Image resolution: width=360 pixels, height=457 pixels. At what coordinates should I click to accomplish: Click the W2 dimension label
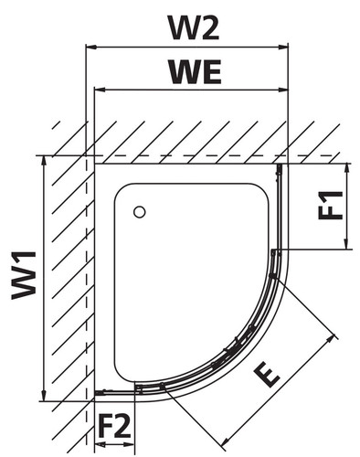point(195,27)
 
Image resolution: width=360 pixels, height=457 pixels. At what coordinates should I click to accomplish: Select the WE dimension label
point(196,72)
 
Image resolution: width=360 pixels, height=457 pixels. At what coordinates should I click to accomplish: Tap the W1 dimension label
point(24,275)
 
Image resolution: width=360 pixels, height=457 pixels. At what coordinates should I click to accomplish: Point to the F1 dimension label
point(330,206)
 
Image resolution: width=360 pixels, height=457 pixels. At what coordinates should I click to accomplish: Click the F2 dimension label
point(115,426)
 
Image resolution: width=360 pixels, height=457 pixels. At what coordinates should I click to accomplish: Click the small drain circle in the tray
point(140,212)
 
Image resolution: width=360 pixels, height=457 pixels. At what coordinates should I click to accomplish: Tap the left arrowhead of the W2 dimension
point(91,47)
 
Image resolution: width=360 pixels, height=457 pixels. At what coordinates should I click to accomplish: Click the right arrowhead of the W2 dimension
point(283,47)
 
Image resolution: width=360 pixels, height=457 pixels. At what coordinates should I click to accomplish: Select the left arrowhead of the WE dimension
point(100,90)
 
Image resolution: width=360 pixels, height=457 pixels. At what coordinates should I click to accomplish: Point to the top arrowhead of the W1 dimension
point(45,161)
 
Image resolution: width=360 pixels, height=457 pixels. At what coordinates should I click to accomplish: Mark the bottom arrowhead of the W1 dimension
point(45,396)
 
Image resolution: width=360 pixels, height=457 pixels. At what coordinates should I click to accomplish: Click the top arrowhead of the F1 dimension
point(345,169)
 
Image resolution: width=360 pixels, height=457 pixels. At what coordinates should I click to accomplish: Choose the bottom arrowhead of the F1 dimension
point(345,244)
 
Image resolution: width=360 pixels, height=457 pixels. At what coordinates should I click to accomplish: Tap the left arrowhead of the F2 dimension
point(100,444)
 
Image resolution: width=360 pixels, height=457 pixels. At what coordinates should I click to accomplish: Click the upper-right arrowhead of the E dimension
point(331,339)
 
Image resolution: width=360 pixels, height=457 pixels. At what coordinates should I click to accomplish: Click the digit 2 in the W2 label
point(209,27)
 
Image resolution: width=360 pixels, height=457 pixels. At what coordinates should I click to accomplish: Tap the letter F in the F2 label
point(106,426)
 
